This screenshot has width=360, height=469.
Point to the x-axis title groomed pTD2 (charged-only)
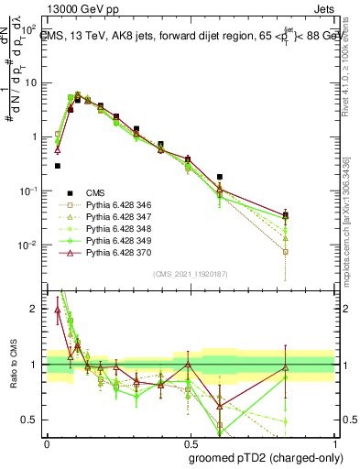click(x=266, y=457)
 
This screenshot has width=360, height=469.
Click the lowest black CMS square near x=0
click(x=57, y=166)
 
